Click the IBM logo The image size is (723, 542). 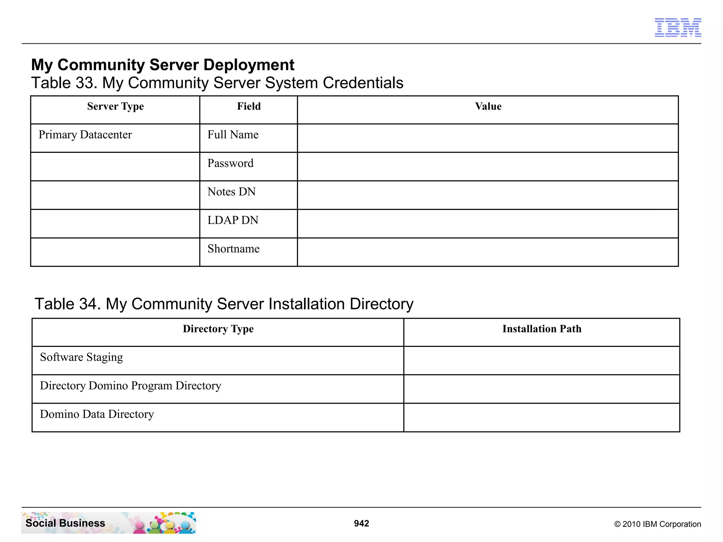pos(677,28)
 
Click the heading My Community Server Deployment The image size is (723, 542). pos(162,65)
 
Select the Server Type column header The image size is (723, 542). pos(115,106)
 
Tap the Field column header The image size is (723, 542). pos(249,106)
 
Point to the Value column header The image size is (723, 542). pos(488,106)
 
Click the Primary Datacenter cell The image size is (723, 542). pos(85,135)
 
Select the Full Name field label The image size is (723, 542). pos(233,135)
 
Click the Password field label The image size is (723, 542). pos(230,163)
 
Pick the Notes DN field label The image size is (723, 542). pos(231,192)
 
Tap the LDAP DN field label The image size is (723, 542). pos(233,220)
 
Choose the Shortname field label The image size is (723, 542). pos(233,249)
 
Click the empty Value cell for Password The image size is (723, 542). pos(488,167)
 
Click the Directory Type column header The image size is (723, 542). pos(218,329)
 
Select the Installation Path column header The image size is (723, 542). pos(542,329)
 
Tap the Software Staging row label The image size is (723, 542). pos(82,357)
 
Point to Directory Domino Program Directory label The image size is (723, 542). pos(130,386)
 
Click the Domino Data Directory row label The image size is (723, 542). pos(97,414)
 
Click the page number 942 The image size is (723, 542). pos(361,523)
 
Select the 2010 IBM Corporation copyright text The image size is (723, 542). pos(657,524)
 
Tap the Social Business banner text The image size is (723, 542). pos(65,523)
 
